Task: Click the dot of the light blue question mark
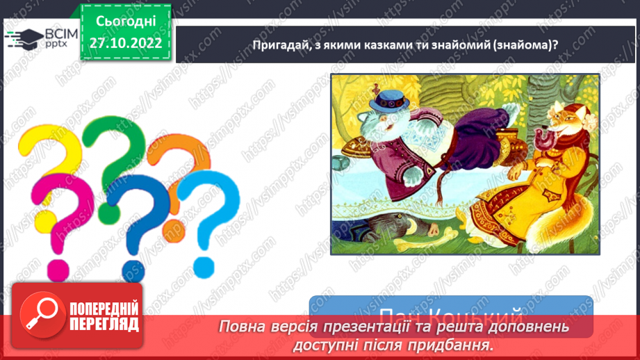tap(204, 265)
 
